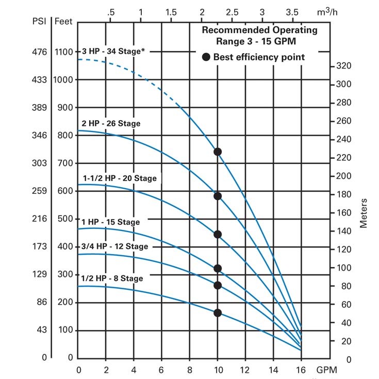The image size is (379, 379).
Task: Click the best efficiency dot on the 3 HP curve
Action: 218,152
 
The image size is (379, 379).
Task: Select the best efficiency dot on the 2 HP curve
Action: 218,196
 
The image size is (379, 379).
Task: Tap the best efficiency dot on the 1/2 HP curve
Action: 218,312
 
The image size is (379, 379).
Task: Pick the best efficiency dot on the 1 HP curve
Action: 218,268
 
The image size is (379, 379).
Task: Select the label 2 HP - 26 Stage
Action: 111,124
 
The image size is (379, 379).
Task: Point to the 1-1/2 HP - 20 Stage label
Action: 120,178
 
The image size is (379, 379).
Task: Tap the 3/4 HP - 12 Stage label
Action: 114,246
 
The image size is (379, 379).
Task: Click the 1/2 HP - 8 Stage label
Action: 112,278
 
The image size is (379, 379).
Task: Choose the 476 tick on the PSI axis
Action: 39,52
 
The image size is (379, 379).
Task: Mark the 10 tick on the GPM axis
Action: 218,370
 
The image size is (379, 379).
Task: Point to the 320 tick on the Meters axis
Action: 344,66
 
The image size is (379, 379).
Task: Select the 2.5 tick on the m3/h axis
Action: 232,11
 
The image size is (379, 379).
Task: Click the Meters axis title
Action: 364,213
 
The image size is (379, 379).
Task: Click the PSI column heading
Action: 40,22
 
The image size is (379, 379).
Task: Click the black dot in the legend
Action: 206,57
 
